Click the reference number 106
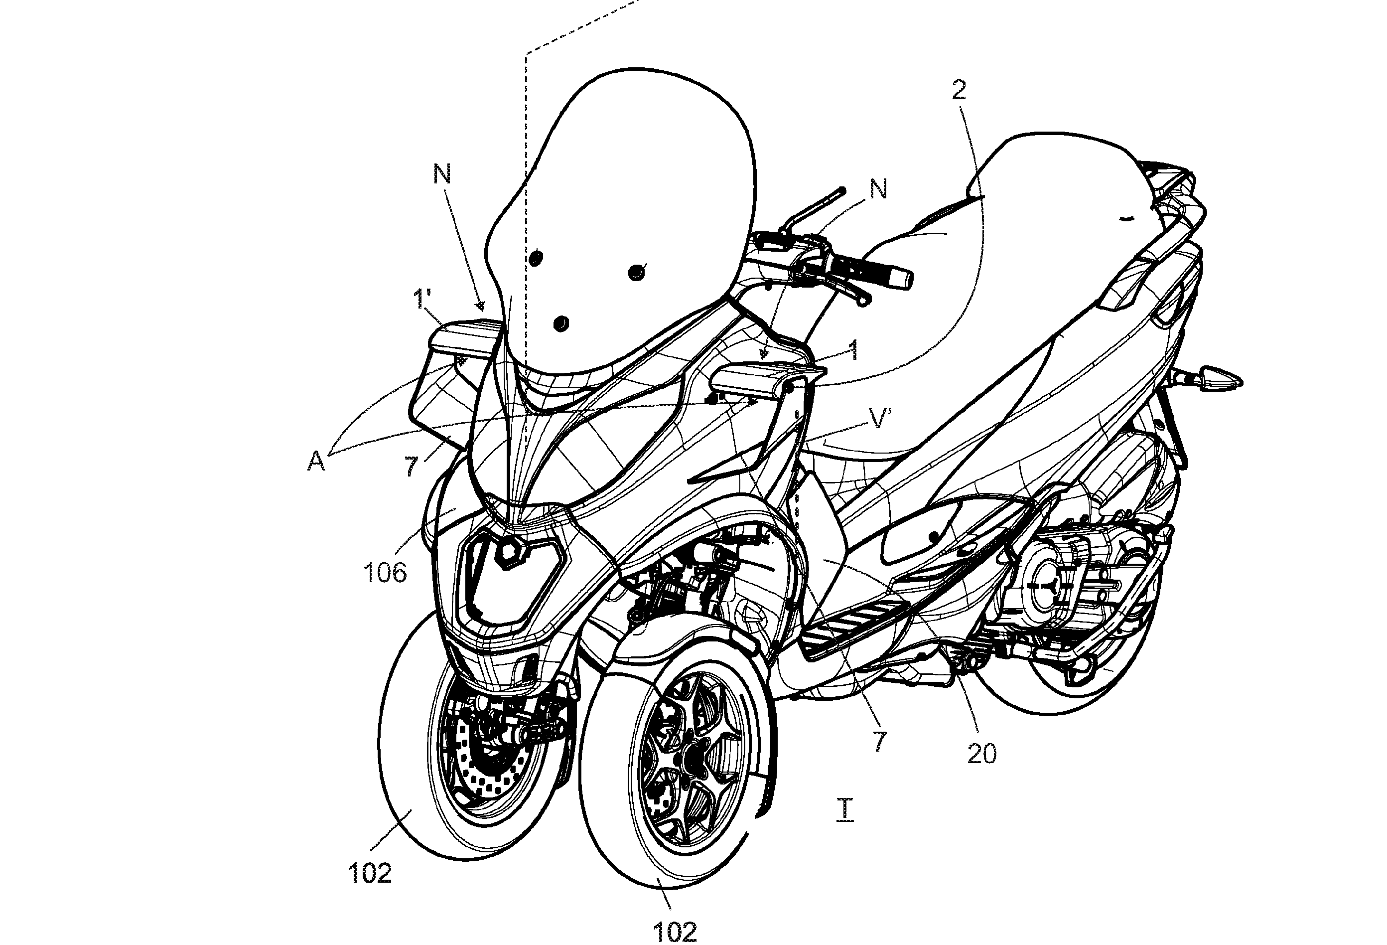pyautogui.click(x=385, y=573)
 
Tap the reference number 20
pyautogui.click(x=982, y=755)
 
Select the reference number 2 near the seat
pyautogui.click(x=959, y=90)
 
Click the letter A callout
pyautogui.click(x=316, y=462)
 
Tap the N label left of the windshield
pyautogui.click(x=441, y=174)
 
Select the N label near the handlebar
pyautogui.click(x=878, y=189)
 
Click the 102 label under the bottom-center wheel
pyautogui.click(x=675, y=931)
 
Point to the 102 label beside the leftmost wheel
pyautogui.click(x=370, y=873)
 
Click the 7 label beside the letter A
pyautogui.click(x=411, y=467)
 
